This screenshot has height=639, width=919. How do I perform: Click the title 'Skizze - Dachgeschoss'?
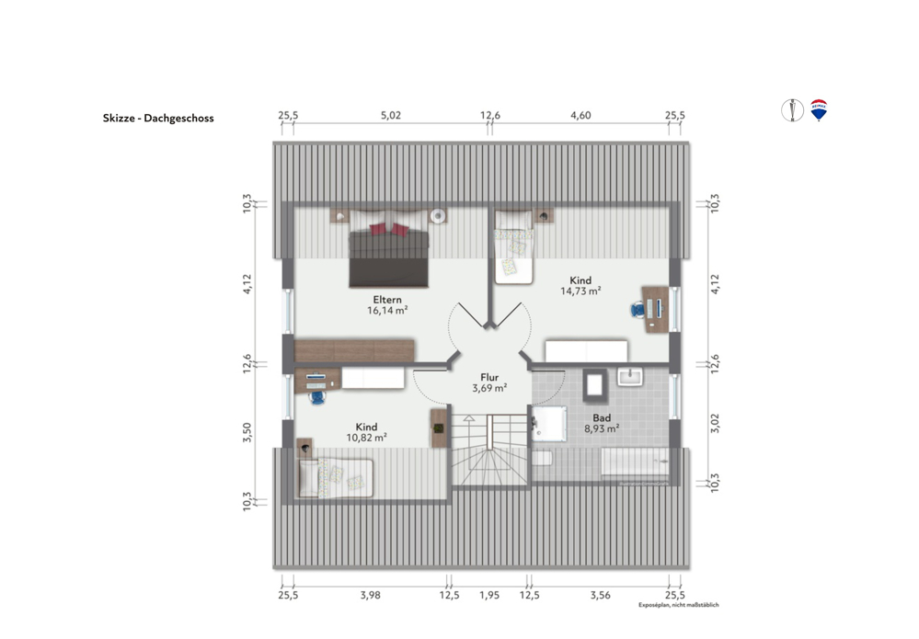pyautogui.click(x=158, y=118)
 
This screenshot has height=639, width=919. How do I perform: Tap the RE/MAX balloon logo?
pyautogui.click(x=819, y=109)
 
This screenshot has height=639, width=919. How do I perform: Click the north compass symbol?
pyautogui.click(x=792, y=110)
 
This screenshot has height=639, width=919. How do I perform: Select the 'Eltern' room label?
pyautogui.click(x=387, y=300)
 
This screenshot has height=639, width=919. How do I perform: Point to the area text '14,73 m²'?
pyautogui.click(x=580, y=291)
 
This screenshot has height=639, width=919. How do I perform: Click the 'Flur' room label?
pyautogui.click(x=489, y=377)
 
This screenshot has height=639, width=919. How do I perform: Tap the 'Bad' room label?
pyautogui.click(x=602, y=417)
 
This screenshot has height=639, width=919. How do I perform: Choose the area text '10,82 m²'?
pyautogui.click(x=366, y=438)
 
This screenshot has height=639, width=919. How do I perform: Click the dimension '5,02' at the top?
pyautogui.click(x=391, y=115)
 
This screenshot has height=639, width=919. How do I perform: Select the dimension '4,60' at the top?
pyautogui.click(x=580, y=115)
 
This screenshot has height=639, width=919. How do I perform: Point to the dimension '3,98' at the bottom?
pyautogui.click(x=371, y=595)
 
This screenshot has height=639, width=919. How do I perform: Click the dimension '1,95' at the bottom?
pyautogui.click(x=489, y=595)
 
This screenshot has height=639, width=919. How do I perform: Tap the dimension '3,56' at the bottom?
pyautogui.click(x=600, y=595)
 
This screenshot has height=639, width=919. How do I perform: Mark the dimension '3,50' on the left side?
pyautogui.click(x=247, y=432)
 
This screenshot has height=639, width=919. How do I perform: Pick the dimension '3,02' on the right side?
pyautogui.click(x=715, y=423)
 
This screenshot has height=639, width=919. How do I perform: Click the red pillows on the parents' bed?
pyautogui.click(x=389, y=229)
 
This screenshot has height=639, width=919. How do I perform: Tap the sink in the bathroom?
pyautogui.click(x=630, y=377)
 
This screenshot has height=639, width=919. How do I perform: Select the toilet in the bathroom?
pyautogui.click(x=542, y=458)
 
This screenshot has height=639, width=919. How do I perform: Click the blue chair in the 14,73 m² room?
pyautogui.click(x=638, y=309)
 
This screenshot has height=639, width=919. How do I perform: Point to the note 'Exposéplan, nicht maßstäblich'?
pyautogui.click(x=679, y=605)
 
